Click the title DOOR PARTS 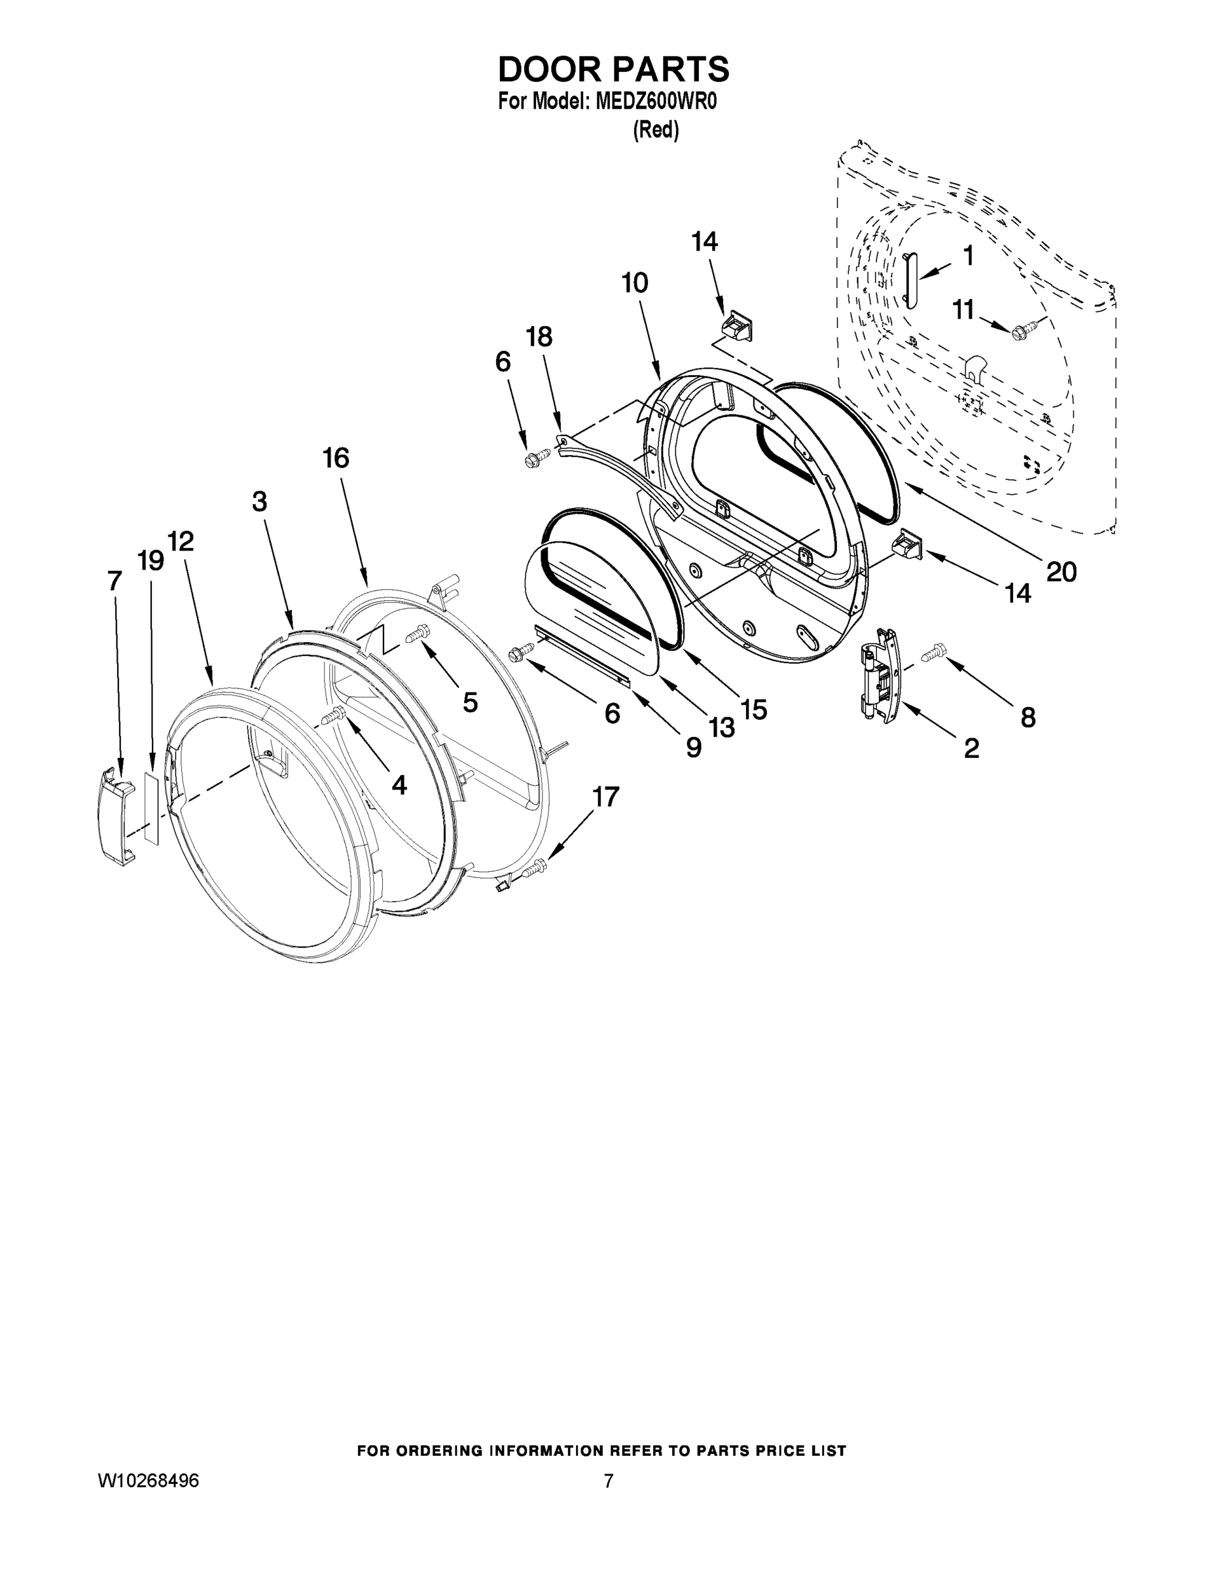point(613,70)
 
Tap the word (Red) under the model point(655,130)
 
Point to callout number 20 point(1061,571)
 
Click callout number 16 point(336,458)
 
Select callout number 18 point(539,336)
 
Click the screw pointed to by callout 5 point(416,634)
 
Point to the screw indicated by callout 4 point(334,715)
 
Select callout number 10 point(635,283)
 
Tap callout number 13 point(721,727)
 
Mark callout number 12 point(181,541)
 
